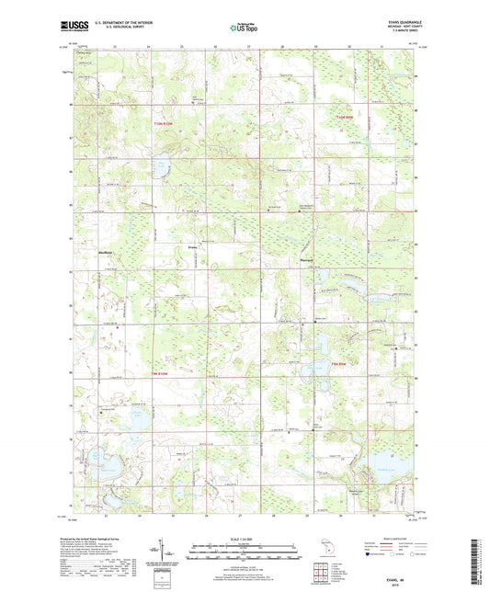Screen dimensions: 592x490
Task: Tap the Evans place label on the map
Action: (192, 245)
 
